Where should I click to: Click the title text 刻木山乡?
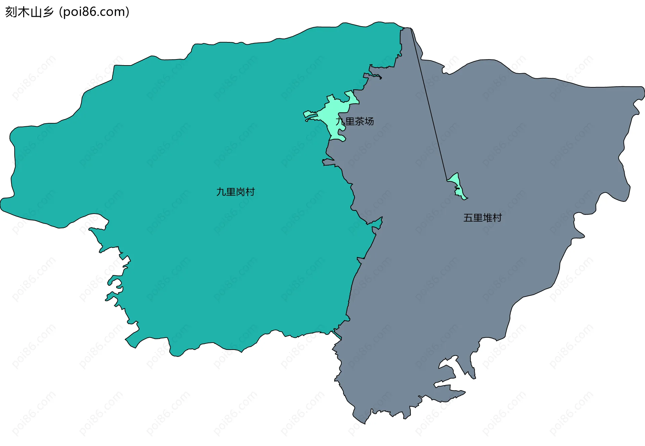[x=30, y=12]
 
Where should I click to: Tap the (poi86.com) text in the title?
[x=94, y=12]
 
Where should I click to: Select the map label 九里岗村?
[x=235, y=192]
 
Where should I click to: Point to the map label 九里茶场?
[x=355, y=121]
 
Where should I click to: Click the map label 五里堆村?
[x=482, y=218]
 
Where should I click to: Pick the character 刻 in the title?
[x=11, y=12]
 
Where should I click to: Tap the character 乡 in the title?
[x=48, y=12]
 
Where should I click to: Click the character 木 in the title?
[x=23, y=12]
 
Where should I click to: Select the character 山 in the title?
[x=36, y=12]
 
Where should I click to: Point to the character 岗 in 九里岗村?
[x=240, y=192]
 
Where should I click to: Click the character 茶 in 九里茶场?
[x=359, y=121]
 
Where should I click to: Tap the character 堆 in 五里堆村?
[x=487, y=218]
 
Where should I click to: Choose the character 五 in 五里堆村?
[x=468, y=218]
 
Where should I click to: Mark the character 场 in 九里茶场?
[x=369, y=121]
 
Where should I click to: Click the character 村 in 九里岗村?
[x=250, y=192]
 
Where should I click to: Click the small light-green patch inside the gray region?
[x=457, y=183]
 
